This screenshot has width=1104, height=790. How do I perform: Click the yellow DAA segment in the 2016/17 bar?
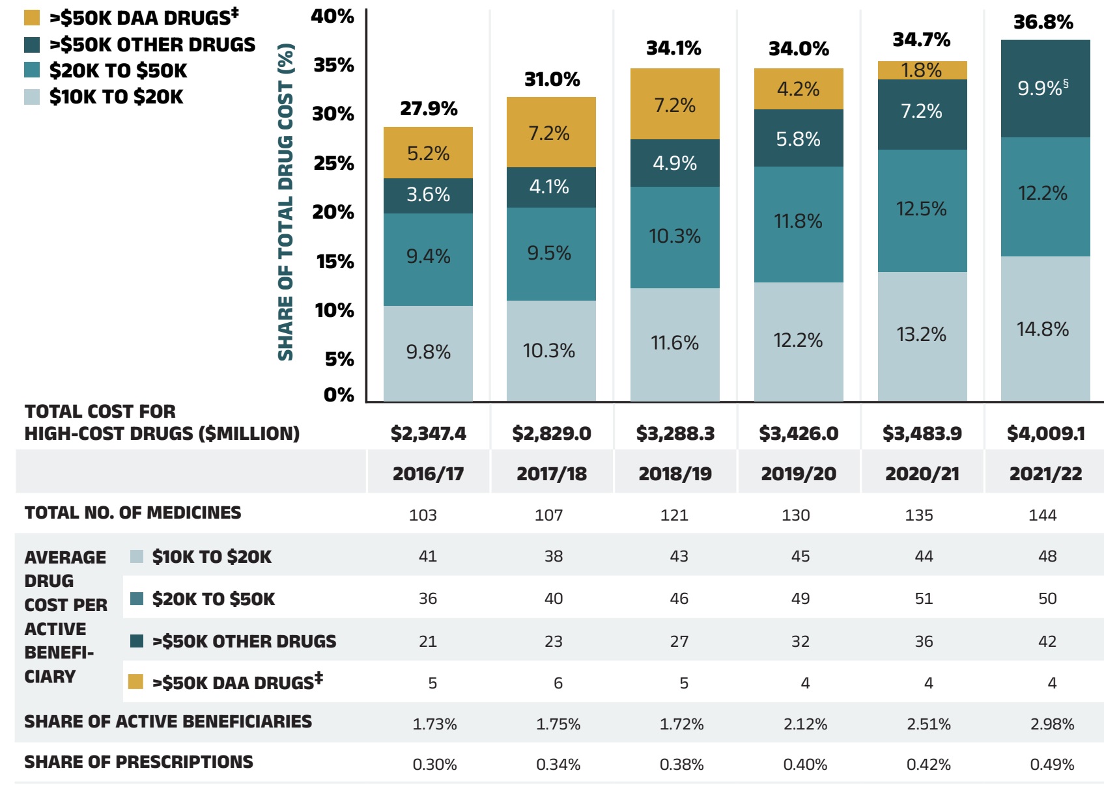tap(428, 153)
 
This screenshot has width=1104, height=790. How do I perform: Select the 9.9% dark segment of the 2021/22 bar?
tap(1045, 89)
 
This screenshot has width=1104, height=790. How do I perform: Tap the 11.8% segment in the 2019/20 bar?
tap(798, 222)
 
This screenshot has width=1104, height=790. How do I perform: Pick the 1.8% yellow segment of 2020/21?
tap(922, 70)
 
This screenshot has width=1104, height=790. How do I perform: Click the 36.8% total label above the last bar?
tap(1043, 23)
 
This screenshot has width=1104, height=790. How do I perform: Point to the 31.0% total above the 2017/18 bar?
tap(552, 79)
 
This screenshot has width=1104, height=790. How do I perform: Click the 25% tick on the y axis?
tap(333, 163)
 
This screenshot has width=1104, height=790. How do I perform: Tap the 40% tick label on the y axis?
tap(332, 16)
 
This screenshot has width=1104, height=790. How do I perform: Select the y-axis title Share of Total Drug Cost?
tap(286, 202)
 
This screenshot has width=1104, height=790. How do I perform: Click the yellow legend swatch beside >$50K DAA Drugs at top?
tap(32, 18)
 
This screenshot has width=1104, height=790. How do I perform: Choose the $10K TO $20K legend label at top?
tap(117, 97)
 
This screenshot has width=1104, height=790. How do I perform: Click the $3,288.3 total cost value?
tap(675, 433)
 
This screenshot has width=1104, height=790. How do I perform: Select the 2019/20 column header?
tap(799, 474)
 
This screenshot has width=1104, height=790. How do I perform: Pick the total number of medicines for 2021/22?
tap(1042, 515)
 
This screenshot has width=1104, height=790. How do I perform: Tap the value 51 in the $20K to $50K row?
tap(924, 599)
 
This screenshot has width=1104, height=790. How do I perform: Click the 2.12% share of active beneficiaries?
tap(805, 724)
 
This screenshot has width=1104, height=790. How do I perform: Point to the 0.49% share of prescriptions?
tap(1052, 765)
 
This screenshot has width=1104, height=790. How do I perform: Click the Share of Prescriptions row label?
tap(139, 762)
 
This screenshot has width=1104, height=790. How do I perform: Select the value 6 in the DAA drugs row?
tap(558, 683)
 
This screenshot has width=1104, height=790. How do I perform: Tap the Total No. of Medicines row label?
tap(133, 513)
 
